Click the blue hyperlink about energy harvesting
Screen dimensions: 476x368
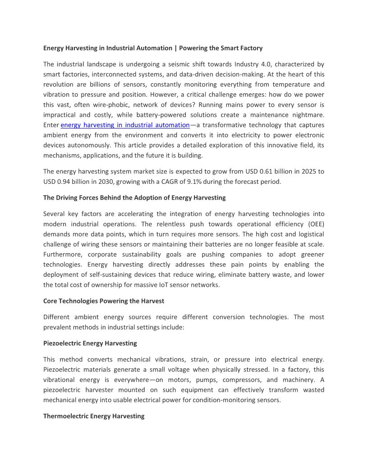coord(125,125)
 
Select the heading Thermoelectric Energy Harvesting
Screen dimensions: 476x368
coord(94,416)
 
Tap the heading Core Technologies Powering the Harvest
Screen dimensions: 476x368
coord(104,301)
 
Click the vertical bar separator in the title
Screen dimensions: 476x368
coord(175,48)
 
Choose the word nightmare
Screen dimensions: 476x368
coord(309,115)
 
